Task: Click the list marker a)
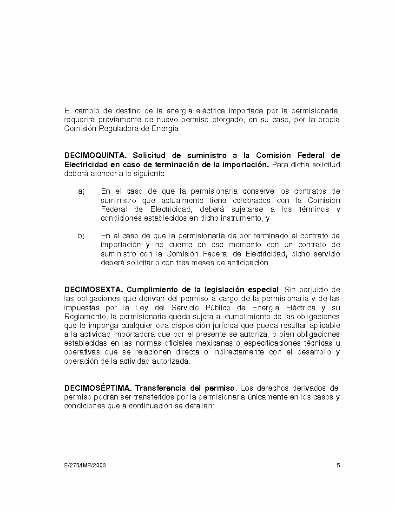[81, 191]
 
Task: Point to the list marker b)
[81, 236]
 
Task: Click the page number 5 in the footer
[338, 465]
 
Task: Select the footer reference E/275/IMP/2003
[85, 465]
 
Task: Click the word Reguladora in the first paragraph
[110, 129]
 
